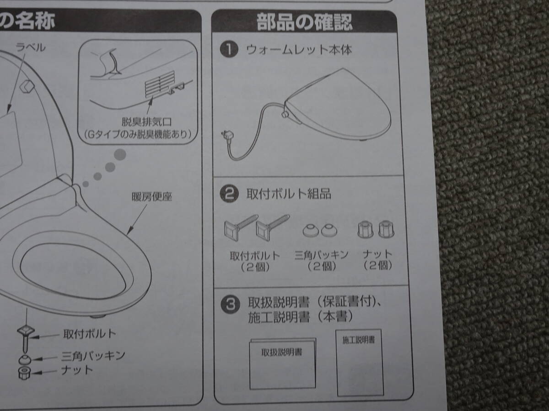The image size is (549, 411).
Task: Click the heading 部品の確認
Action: point(304,22)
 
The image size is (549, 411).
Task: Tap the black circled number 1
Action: point(229,49)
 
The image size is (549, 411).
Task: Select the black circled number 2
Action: point(229,194)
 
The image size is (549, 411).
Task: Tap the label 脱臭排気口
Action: point(146,122)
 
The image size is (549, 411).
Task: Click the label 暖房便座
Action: point(152,197)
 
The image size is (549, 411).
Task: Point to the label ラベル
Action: point(31,47)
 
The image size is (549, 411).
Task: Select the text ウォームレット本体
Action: point(299,50)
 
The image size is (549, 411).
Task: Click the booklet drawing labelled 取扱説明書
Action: point(283,364)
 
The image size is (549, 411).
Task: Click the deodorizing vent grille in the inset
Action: point(160,84)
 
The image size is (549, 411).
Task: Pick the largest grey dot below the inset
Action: point(120,154)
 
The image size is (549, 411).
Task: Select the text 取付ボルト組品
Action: point(289,194)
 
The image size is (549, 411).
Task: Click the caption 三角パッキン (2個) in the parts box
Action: point(322,260)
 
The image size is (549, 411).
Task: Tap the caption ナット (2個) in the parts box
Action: point(377,260)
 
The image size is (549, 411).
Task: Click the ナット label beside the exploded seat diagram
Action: point(77,370)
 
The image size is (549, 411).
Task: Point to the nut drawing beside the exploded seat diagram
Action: point(25,373)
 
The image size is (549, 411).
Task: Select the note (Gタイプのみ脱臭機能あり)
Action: point(138,135)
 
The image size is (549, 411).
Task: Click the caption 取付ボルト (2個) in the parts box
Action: point(255,261)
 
